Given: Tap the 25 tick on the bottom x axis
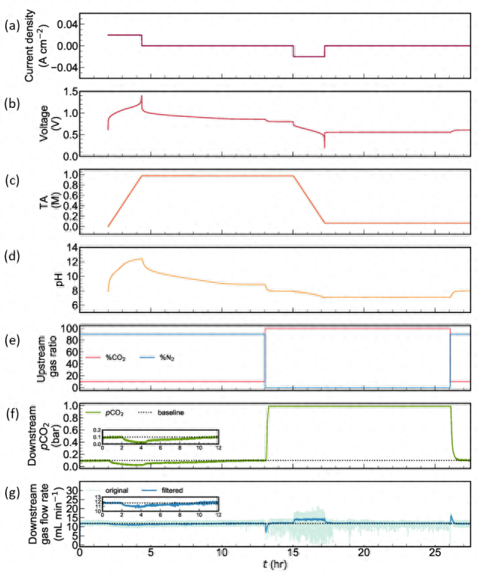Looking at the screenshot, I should click(x=435, y=552).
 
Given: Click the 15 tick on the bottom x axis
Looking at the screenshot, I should click(x=294, y=552).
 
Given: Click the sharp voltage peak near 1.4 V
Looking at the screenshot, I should click(x=142, y=97).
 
